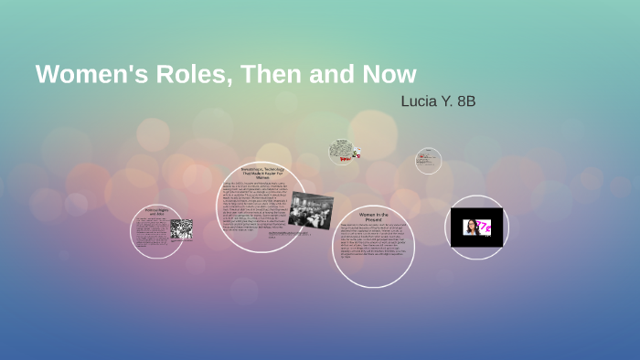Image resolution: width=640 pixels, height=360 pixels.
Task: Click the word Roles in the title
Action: pos(193,74)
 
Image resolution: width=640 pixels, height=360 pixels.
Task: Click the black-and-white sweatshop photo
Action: pos(310,209)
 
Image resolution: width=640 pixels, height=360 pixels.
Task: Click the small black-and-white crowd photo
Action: pos(180,228)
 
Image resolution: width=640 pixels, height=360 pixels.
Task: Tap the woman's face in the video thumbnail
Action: pos(471,227)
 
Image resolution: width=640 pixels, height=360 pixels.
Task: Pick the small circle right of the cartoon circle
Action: pos(428,161)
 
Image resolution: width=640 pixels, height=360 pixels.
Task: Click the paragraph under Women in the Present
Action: pos(372,241)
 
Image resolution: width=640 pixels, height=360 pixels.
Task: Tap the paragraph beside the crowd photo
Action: pos(151,234)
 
